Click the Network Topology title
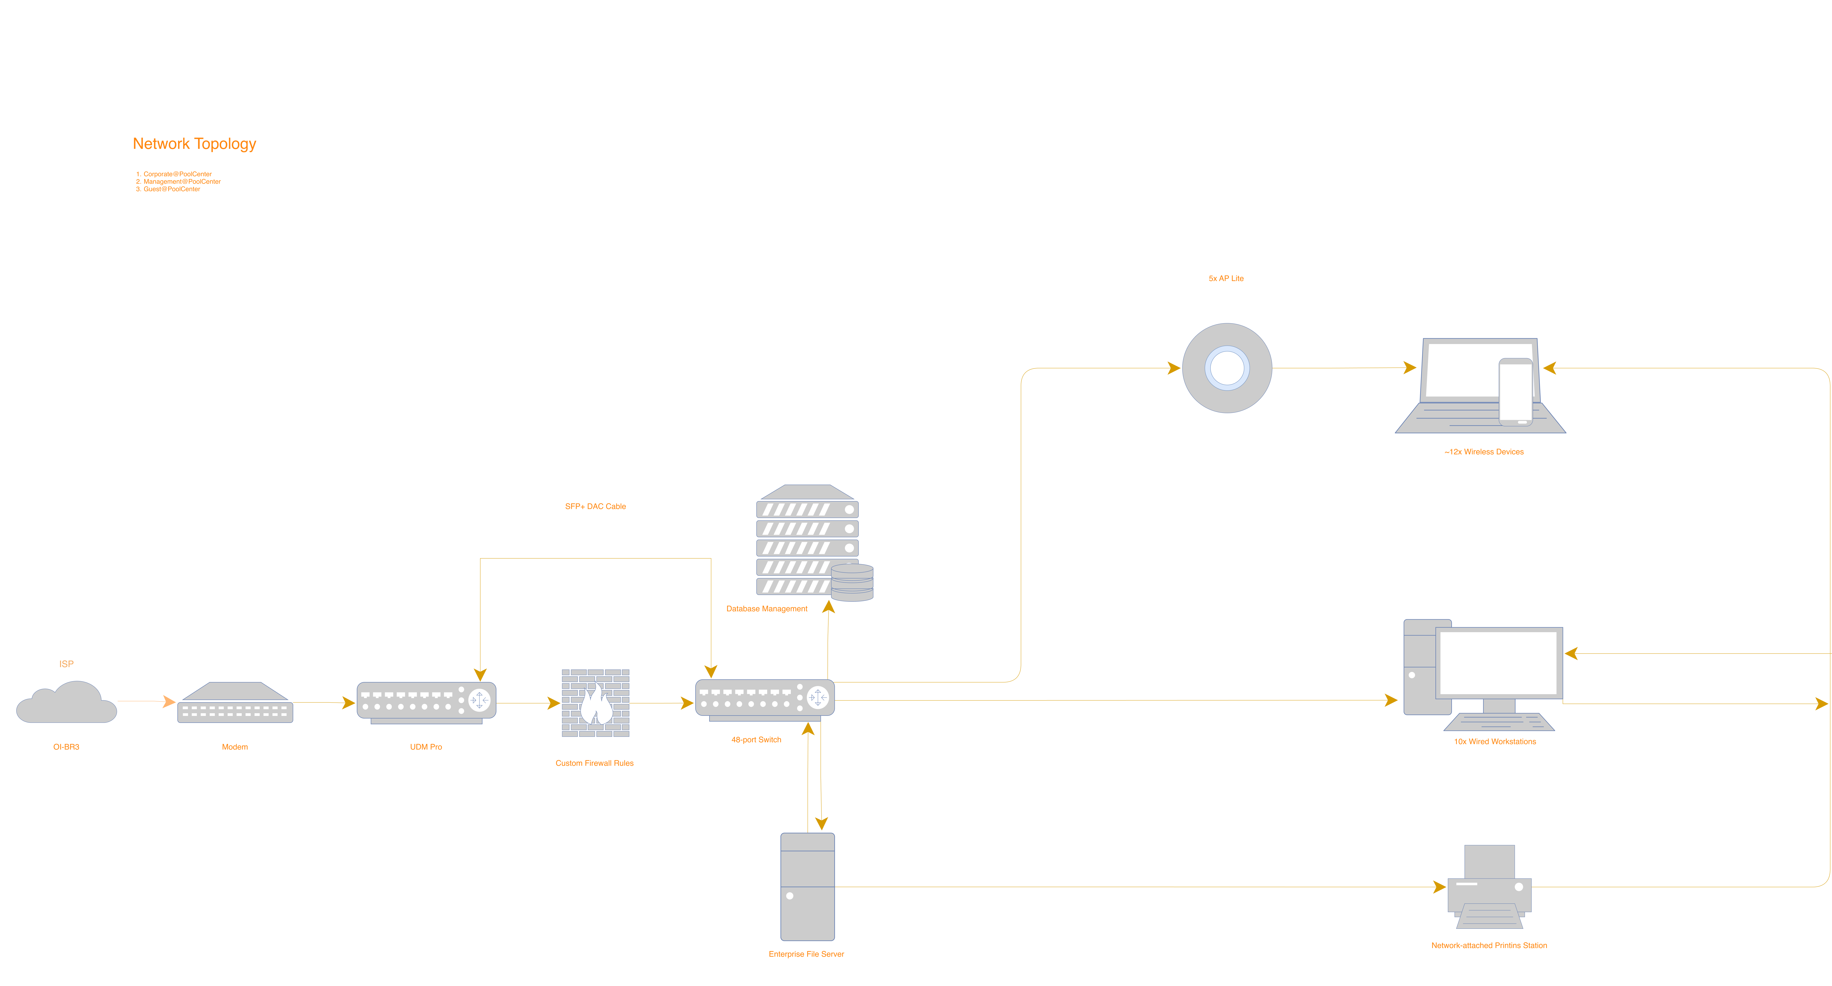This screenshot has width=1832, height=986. (194, 144)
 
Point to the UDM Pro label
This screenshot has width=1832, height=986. (426, 747)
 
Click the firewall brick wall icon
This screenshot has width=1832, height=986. (595, 703)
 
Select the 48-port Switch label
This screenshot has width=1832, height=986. (756, 740)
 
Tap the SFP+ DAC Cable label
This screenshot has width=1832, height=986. (595, 507)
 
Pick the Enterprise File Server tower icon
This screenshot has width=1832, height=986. (807, 886)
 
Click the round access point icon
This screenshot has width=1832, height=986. (1227, 368)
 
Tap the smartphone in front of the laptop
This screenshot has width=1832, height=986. (1516, 391)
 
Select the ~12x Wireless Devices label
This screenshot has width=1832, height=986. (1484, 452)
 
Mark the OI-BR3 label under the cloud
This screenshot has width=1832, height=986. (66, 747)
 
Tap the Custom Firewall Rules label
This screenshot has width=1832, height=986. (595, 763)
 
